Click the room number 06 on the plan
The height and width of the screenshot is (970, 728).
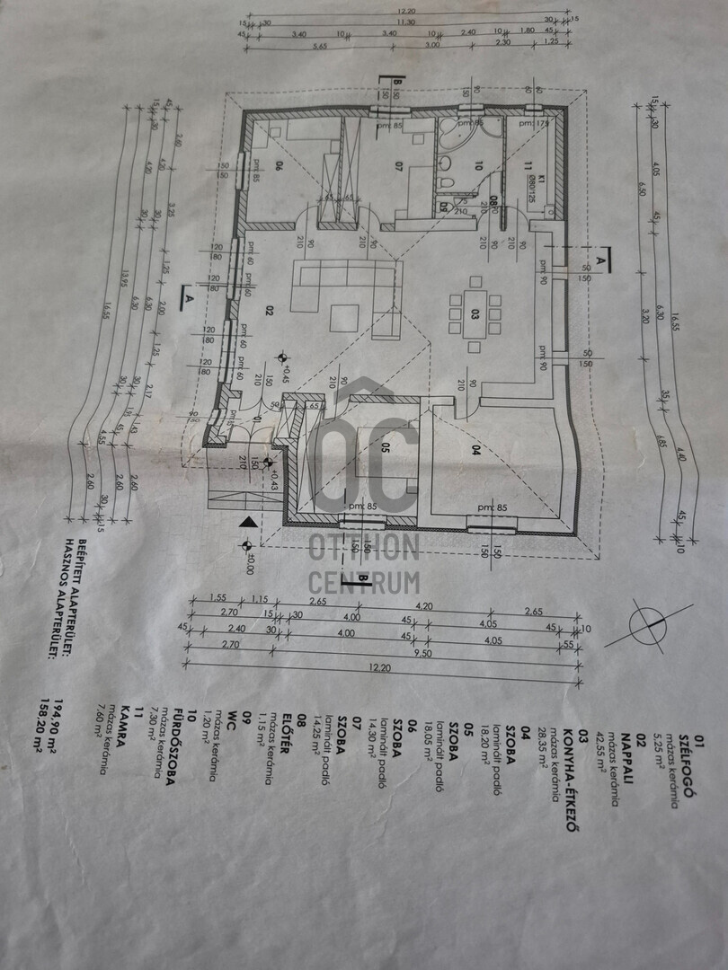coord(254,165)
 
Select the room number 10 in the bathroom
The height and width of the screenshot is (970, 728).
coord(478,165)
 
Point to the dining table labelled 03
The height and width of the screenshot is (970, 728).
coord(474,314)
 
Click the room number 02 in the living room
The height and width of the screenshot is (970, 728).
coord(269,310)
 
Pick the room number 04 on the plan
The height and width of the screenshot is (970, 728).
coord(475,452)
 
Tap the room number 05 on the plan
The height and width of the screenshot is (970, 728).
coord(384,447)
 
